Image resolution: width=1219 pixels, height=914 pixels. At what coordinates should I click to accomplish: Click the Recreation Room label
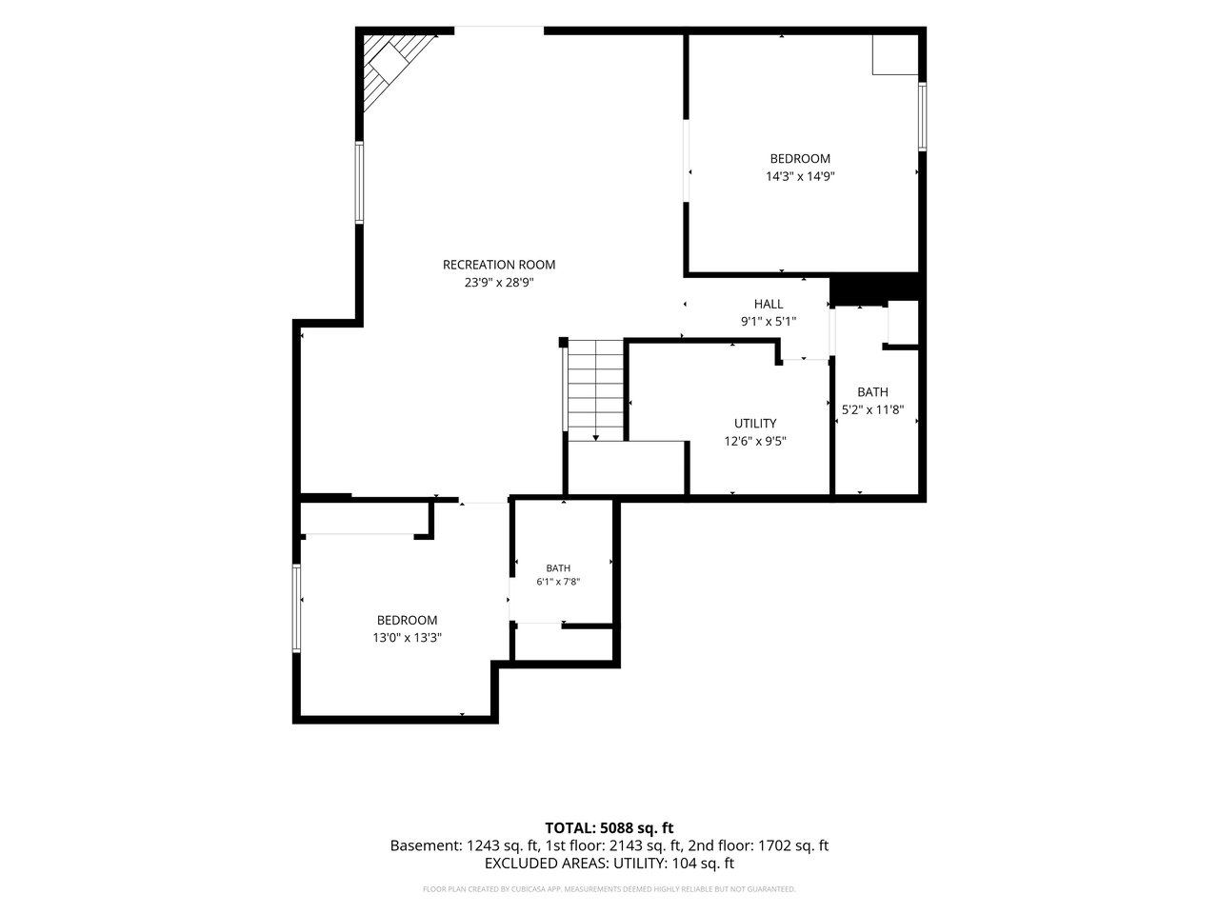[x=499, y=265]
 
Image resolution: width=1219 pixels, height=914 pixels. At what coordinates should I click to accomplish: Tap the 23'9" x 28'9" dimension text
[x=499, y=283]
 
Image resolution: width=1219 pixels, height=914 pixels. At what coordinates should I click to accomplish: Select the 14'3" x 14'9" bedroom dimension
[x=800, y=176]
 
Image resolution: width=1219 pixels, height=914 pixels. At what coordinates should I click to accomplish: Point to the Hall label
[x=769, y=304]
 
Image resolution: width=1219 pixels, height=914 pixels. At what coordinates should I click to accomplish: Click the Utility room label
[x=755, y=424]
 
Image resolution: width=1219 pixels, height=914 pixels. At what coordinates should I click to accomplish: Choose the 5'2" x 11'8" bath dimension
[x=873, y=410]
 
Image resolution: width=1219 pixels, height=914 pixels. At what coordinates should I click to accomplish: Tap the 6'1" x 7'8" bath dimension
[x=558, y=582]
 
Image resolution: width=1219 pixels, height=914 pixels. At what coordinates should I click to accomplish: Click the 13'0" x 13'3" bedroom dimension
[x=407, y=638]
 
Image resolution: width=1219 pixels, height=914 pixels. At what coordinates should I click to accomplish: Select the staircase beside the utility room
[x=595, y=390]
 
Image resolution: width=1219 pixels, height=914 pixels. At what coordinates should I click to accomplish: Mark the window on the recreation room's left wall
[x=359, y=183]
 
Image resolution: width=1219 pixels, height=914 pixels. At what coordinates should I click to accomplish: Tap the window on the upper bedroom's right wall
[x=923, y=116]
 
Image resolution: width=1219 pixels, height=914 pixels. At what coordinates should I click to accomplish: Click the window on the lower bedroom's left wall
[x=296, y=608]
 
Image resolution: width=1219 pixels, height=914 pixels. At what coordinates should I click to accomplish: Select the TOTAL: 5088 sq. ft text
[x=609, y=828]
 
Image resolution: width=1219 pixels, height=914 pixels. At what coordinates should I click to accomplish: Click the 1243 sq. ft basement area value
[x=503, y=845]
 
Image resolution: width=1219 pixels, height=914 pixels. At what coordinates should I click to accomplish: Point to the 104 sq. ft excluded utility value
[x=703, y=863]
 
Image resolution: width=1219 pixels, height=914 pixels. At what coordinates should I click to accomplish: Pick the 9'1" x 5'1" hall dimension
[x=769, y=321]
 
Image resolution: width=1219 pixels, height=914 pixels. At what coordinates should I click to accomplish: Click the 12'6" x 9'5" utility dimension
[x=755, y=441]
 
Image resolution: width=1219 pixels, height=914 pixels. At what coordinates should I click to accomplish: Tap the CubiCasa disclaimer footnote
[x=609, y=889]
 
